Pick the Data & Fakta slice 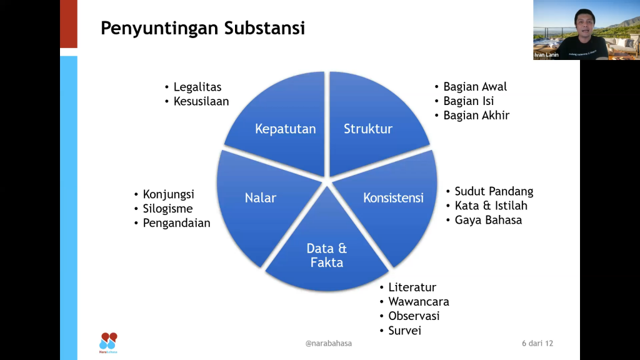(326, 255)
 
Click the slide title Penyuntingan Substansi (203, 28)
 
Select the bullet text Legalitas (197, 87)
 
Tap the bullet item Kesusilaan (201, 101)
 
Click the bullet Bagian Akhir (476, 116)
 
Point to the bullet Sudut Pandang (494, 191)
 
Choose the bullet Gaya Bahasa (488, 220)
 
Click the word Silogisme (167, 209)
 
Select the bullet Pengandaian (176, 223)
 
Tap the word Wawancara (418, 302)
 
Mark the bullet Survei (404, 331)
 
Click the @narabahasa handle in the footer (329, 343)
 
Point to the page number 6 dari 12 (537, 343)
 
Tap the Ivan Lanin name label (546, 55)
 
